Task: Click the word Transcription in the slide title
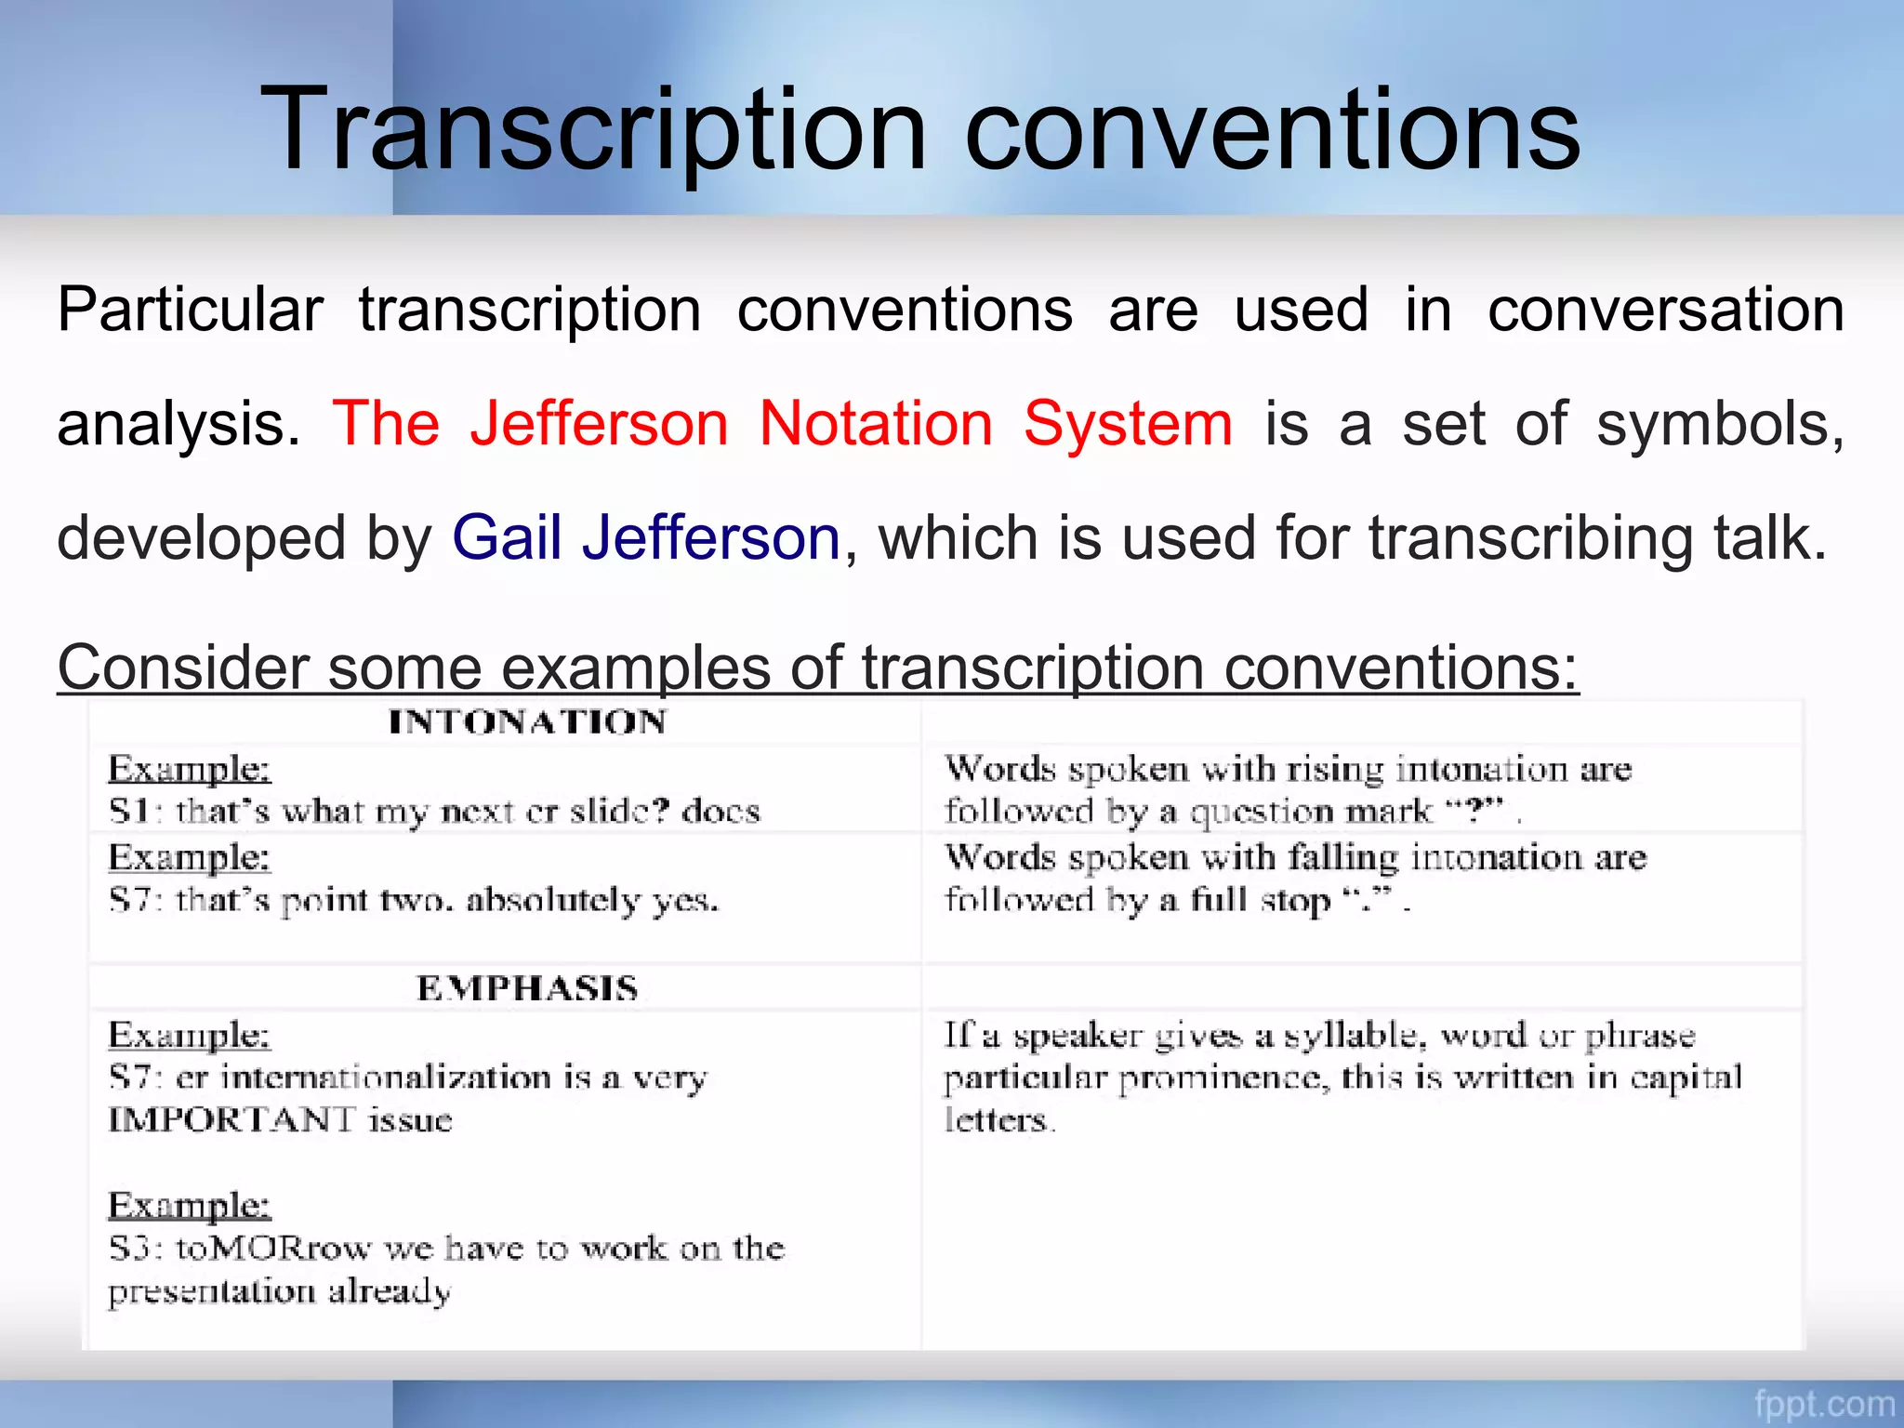tap(593, 130)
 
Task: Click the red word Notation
tap(876, 424)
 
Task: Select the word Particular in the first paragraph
tap(190, 310)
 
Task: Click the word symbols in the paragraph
tap(1720, 424)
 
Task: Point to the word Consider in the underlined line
tap(183, 667)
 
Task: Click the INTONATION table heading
tap(527, 722)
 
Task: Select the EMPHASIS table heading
tap(527, 988)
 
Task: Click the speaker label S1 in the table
tap(129, 812)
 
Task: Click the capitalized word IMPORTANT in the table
tap(231, 1120)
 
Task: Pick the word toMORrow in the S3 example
tap(273, 1249)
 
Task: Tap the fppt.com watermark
tap(1824, 1403)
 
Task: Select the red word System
tap(1128, 424)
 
